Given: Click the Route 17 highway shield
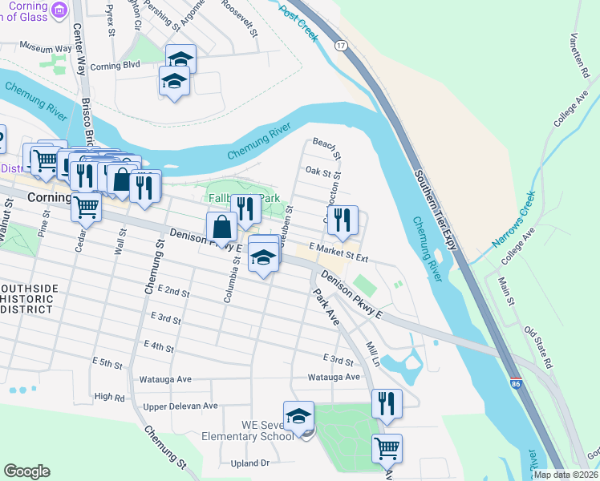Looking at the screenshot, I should (341, 46).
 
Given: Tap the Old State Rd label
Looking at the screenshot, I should (539, 346).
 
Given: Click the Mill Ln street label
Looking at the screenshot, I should (372, 350).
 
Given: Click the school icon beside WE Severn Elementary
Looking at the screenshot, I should (298, 416).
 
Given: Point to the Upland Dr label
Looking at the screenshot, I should (249, 463).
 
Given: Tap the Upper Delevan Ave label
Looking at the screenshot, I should (180, 406).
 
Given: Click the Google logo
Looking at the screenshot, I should (27, 471).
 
